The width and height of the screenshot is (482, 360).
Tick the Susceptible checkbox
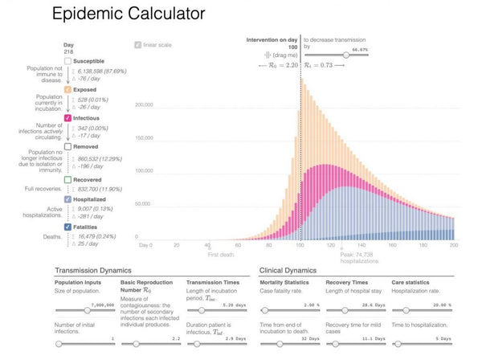pos(67,60)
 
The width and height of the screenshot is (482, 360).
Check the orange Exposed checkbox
pos(67,89)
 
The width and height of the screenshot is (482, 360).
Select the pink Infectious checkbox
pos(67,117)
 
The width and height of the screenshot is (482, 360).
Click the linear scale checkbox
pos(137,45)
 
